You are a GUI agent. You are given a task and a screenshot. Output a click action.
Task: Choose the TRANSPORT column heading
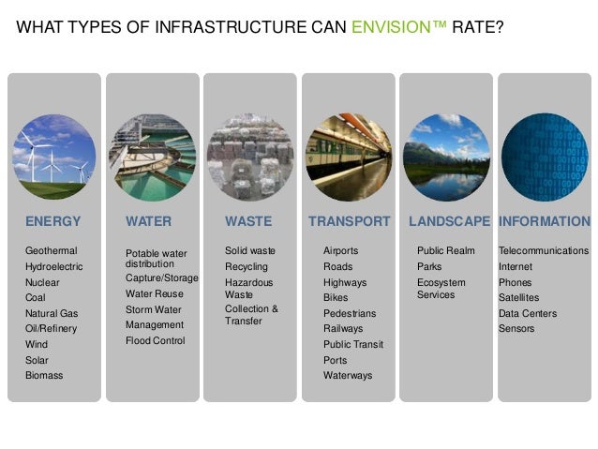coord(349,222)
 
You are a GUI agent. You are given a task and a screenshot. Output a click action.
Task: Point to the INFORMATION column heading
coord(545,222)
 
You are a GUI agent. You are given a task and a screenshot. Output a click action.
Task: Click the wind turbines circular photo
coord(54,156)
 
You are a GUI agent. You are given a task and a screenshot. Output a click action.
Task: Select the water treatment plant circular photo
coord(153,156)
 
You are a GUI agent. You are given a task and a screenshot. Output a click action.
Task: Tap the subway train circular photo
coord(348,156)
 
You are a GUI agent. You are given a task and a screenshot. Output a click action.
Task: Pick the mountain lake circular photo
coord(444,156)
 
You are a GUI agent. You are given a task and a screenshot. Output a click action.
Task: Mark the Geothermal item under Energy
coord(51,251)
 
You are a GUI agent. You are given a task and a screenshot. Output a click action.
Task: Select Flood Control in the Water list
coord(156,340)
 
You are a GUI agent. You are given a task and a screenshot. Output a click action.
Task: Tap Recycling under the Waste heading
coord(246,267)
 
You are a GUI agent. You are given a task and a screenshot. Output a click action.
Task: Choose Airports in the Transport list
coord(340,251)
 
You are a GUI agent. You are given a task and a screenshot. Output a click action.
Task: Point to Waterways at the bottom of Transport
coord(348,375)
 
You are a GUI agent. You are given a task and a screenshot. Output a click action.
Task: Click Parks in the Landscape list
coord(429,267)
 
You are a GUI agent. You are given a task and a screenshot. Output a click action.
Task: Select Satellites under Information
coord(519,298)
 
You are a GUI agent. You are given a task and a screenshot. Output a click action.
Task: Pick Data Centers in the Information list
coord(527,313)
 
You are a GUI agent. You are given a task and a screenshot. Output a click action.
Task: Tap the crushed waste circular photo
coord(249,156)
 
